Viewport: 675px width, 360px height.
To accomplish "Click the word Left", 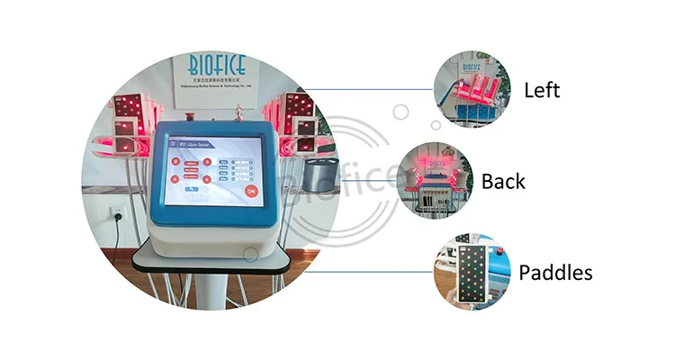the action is [542, 90].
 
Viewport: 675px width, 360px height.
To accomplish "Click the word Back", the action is [503, 181].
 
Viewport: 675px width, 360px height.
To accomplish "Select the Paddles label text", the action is [557, 271].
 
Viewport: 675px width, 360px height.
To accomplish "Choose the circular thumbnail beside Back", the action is [435, 180].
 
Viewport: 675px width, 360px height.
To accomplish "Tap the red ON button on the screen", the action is [251, 191].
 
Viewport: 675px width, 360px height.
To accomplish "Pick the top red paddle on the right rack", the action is [300, 108].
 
